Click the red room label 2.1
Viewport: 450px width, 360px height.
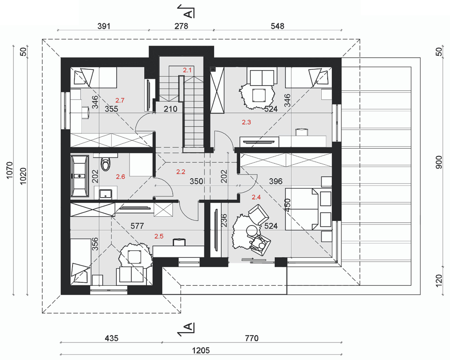pos(187,70)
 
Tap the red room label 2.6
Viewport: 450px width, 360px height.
pos(121,176)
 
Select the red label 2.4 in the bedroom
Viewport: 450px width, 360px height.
pos(256,197)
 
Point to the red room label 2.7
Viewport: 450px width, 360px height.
pos(120,100)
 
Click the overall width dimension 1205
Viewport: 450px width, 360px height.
pos(201,350)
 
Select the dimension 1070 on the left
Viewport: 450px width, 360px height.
pos(9,170)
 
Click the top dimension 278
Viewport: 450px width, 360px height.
pos(182,26)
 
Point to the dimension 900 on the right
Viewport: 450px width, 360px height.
pos(439,162)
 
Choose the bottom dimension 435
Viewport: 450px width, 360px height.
pos(111,338)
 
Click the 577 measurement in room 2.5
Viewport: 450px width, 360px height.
pos(137,226)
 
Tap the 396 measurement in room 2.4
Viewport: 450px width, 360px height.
pos(276,181)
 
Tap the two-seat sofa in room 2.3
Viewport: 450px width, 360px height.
pos(262,76)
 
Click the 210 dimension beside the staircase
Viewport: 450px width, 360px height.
pos(170,109)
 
